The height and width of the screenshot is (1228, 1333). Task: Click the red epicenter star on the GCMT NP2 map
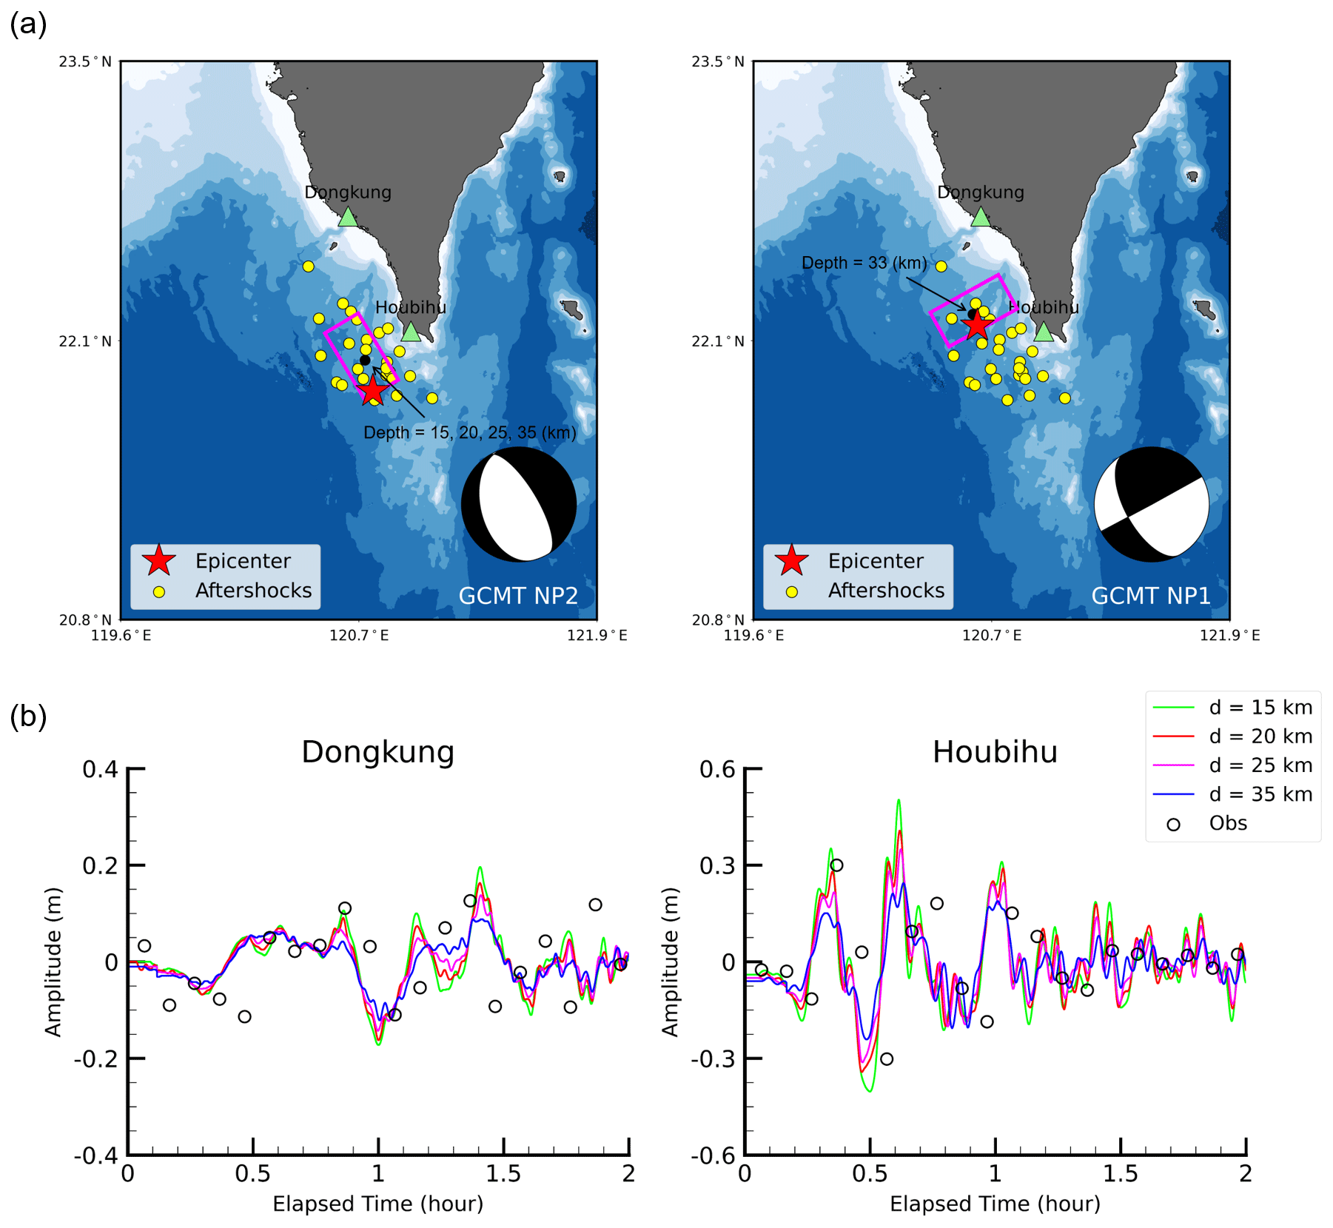point(373,389)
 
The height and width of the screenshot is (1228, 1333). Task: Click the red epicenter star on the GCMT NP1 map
point(977,324)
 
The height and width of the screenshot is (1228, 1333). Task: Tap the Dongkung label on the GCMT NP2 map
point(348,192)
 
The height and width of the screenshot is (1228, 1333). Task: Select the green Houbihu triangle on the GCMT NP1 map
point(1044,332)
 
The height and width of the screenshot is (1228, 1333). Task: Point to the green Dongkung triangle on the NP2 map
point(348,218)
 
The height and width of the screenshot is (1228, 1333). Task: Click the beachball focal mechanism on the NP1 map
point(1152,504)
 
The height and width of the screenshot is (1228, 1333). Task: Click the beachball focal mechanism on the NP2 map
point(519,504)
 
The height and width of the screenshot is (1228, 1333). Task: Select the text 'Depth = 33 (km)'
point(864,263)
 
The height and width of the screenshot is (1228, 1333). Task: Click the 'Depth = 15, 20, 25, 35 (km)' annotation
point(469,432)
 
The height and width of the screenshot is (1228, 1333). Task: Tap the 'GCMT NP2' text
point(518,596)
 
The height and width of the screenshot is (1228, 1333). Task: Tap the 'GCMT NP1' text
point(1151,596)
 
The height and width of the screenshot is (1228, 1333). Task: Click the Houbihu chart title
point(995,752)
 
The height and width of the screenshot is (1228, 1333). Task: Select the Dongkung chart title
point(377,752)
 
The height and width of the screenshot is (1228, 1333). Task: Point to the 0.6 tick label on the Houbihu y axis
point(717,770)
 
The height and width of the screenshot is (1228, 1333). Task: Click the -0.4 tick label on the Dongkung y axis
point(96,1155)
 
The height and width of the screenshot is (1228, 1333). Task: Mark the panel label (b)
point(28,717)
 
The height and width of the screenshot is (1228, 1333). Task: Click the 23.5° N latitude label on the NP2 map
point(85,61)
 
